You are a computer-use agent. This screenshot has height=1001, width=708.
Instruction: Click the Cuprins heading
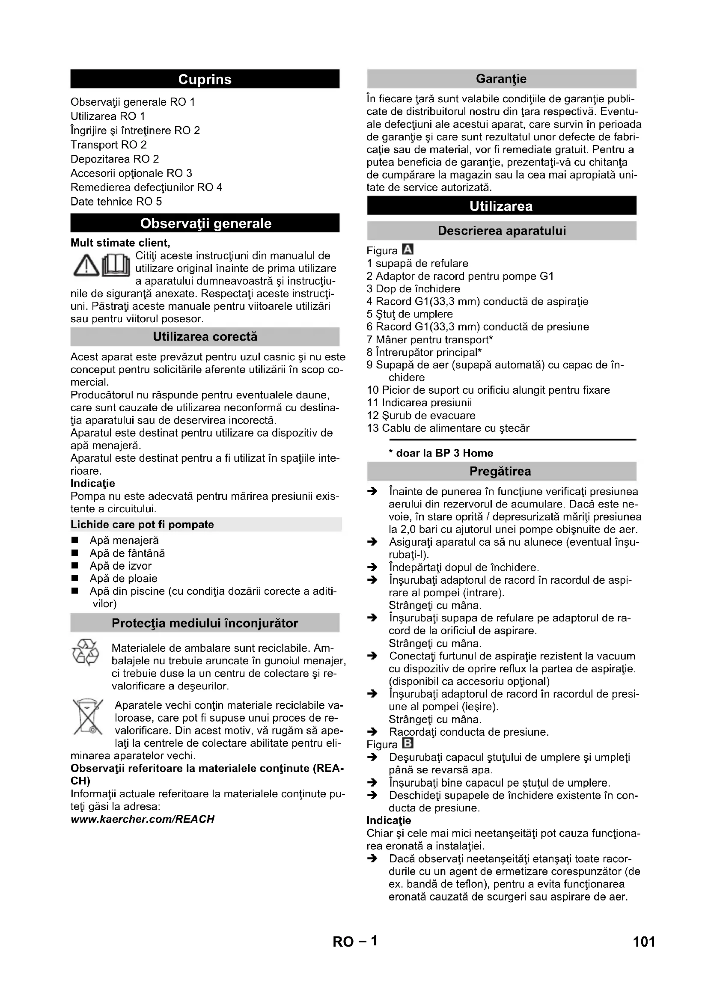coord(205,79)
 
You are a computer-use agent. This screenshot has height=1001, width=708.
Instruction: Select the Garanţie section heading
coord(501,79)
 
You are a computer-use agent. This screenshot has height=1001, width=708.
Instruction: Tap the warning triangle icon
coord(86,266)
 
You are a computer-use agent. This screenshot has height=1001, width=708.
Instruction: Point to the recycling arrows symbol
coord(86,653)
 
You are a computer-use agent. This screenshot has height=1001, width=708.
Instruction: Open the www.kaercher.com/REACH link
coord(143,819)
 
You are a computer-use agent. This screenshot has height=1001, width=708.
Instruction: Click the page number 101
coord(644,942)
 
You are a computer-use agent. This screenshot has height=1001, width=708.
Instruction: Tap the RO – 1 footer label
coord(355,942)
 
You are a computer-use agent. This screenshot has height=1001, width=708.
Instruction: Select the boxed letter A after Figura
coord(408,250)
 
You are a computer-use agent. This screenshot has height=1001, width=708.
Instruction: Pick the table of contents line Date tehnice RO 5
coord(116,202)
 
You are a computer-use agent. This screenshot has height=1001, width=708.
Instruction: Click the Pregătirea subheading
coord(500,471)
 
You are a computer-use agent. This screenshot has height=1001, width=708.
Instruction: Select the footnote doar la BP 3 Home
coord(441,453)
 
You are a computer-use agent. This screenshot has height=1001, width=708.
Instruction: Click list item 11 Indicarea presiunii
coord(419,403)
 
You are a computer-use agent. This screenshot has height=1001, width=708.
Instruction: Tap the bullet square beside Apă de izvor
coord(75,566)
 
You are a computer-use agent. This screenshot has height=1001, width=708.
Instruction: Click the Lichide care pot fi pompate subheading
coord(143,525)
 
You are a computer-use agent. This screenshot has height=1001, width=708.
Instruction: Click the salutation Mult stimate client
coord(120,243)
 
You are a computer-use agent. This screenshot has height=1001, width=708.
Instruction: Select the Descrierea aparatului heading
coord(501,231)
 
